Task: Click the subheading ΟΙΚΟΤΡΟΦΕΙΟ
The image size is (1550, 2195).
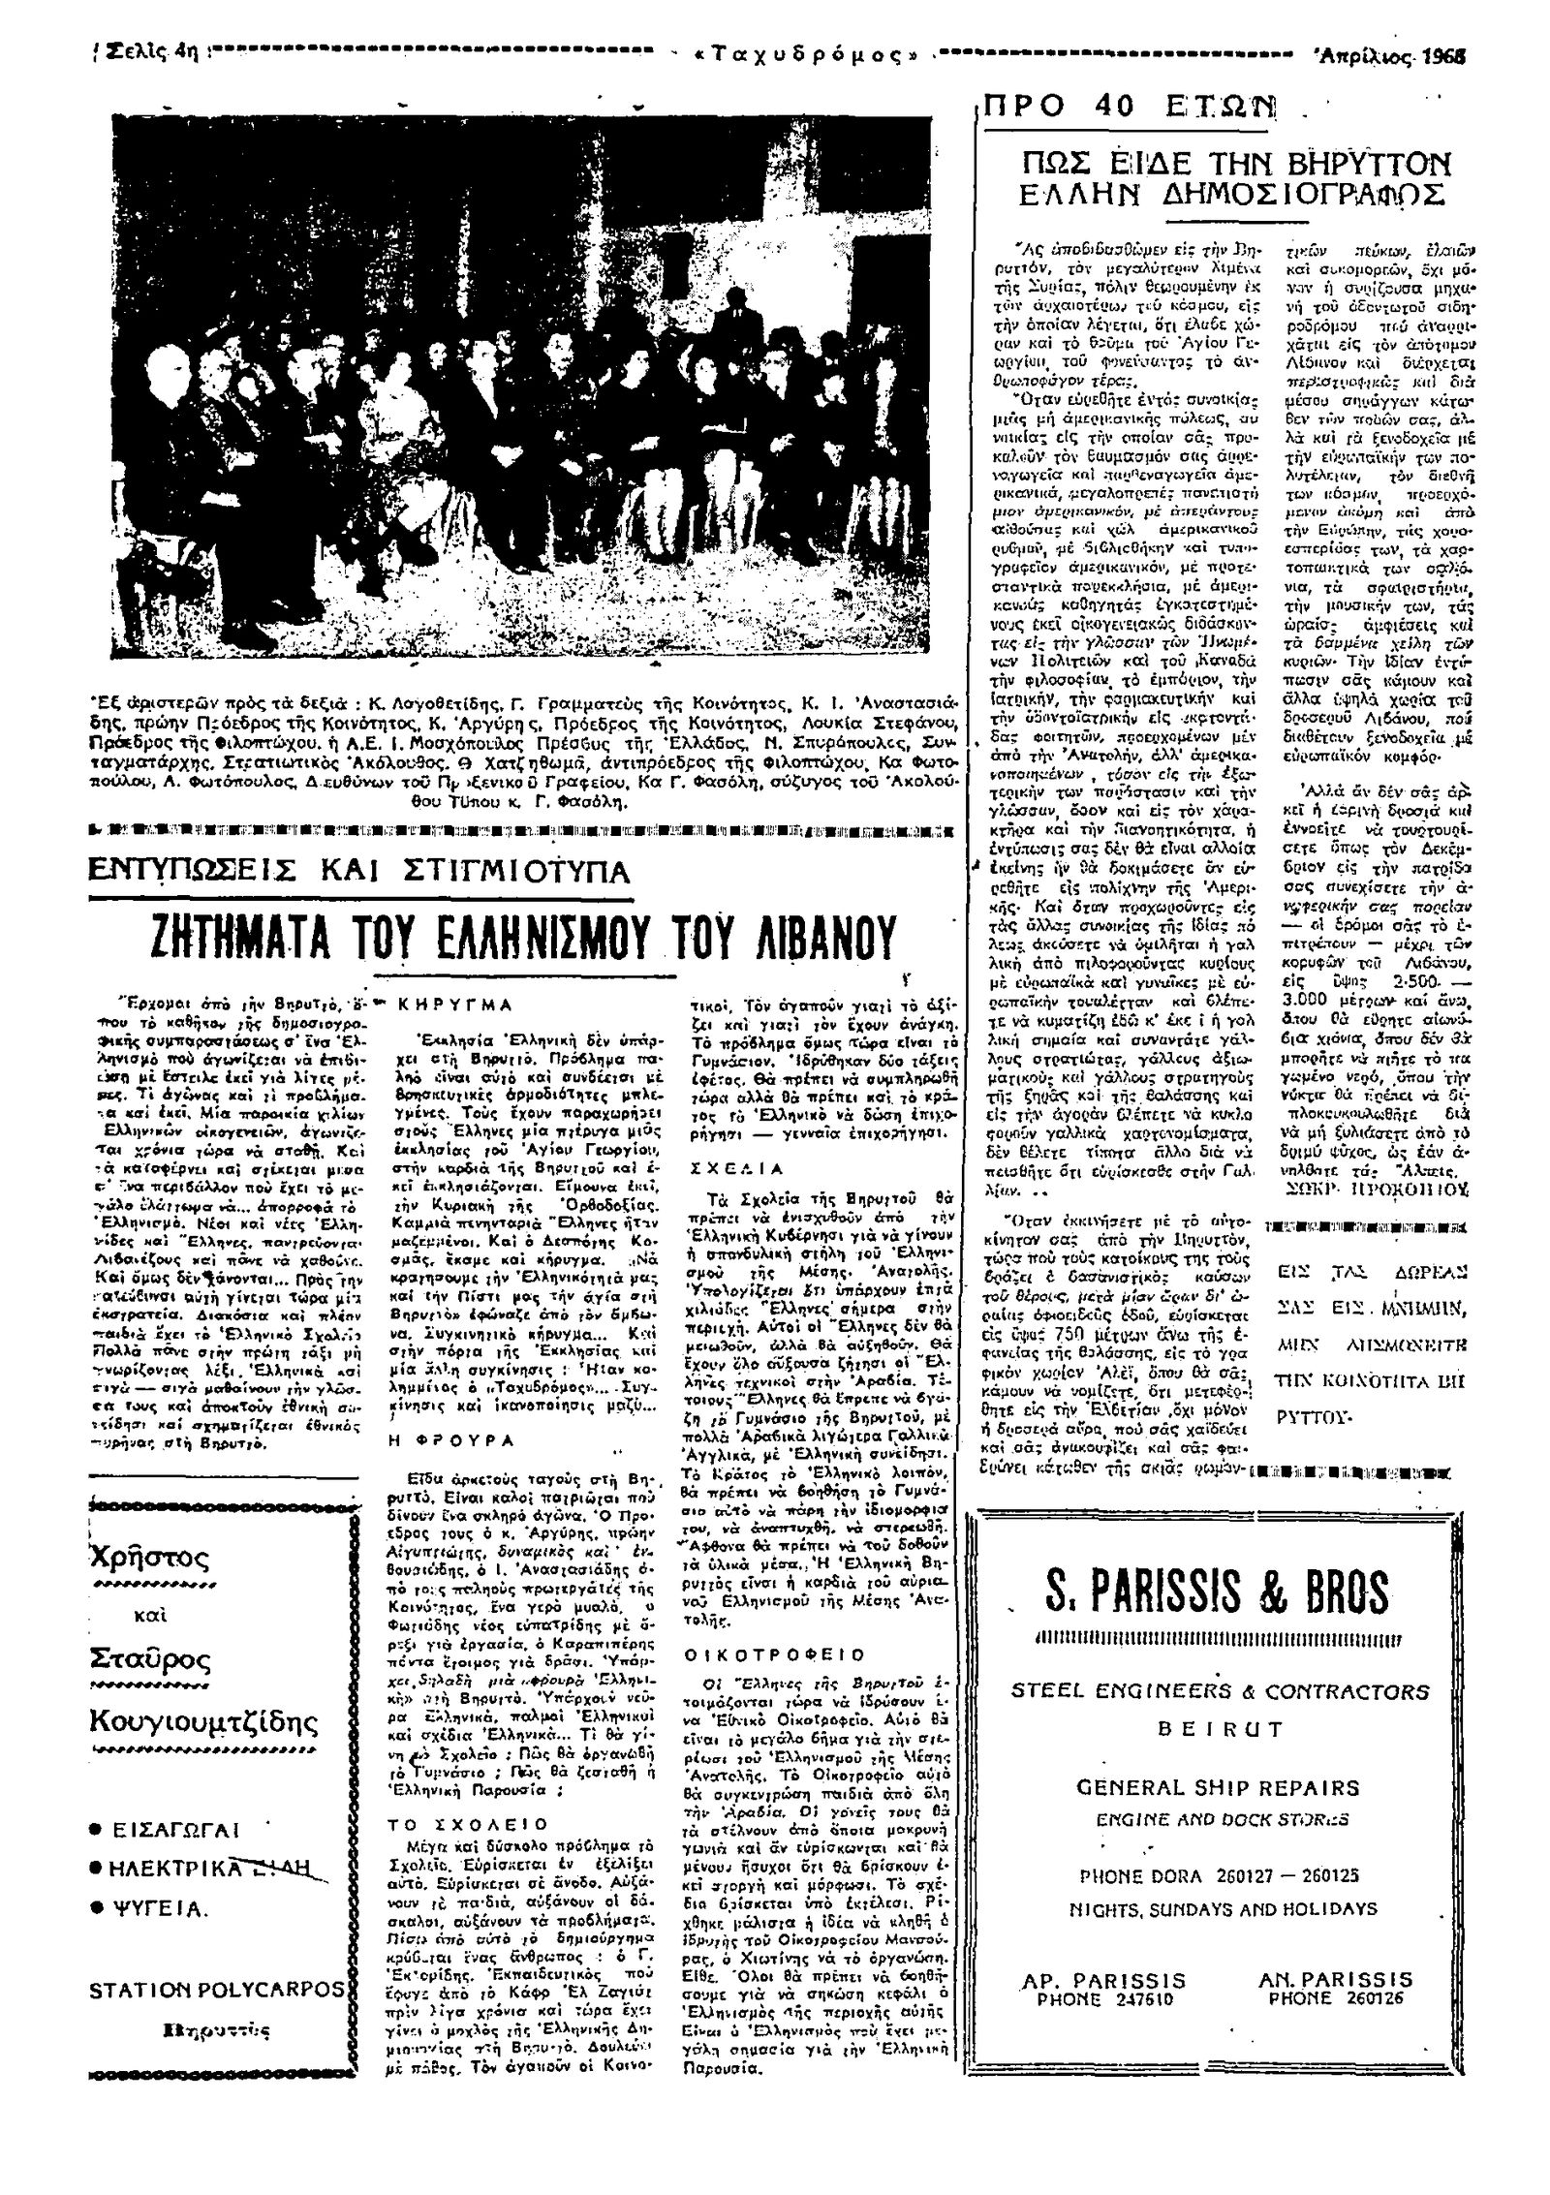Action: [775, 1654]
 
